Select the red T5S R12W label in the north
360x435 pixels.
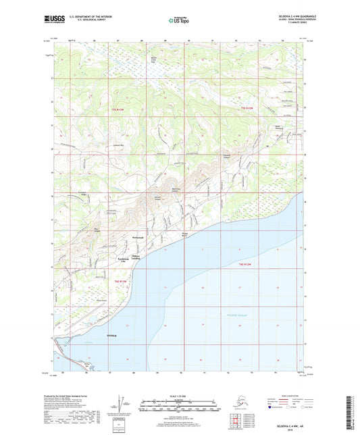point(249,108)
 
